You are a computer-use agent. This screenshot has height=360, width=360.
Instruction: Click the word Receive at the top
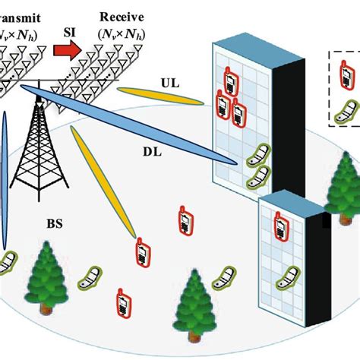point(125,17)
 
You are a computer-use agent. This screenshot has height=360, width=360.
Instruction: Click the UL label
point(169,83)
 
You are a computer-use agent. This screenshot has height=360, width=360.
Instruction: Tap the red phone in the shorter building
point(278,226)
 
